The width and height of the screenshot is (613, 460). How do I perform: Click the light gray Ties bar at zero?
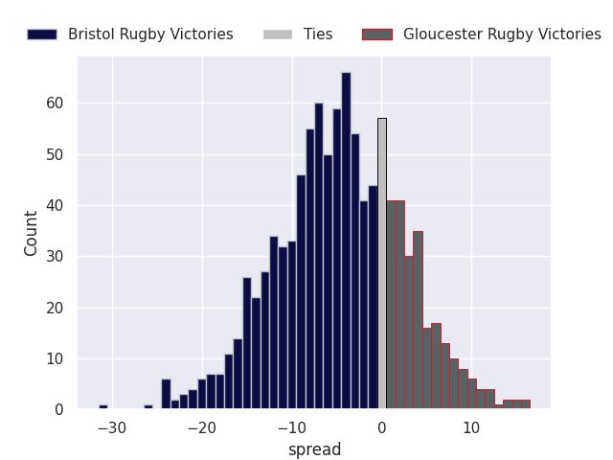(x=382, y=264)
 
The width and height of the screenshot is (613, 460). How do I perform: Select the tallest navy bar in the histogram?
(x=346, y=241)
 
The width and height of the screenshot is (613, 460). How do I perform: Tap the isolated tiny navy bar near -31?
(x=103, y=406)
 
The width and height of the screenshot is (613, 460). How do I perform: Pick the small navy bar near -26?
(x=148, y=406)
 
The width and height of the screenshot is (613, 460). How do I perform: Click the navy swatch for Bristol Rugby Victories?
(x=42, y=34)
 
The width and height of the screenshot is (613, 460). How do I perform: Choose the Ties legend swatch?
(x=278, y=34)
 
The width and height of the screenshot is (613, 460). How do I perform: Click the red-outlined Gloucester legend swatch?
(x=377, y=34)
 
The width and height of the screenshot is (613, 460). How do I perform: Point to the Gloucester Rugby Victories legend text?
(x=502, y=34)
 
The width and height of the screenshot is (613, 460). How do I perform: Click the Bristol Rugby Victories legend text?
(x=150, y=34)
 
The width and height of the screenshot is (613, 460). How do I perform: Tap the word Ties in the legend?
(x=318, y=34)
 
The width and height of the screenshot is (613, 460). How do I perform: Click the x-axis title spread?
(x=315, y=449)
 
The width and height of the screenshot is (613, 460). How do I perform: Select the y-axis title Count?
(x=31, y=234)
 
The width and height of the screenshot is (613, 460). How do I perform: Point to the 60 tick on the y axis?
(x=55, y=103)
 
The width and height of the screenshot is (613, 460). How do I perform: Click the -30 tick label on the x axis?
(x=112, y=428)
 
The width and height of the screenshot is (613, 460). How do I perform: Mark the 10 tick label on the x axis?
(x=471, y=428)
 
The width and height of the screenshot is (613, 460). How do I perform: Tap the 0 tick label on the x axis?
(x=382, y=428)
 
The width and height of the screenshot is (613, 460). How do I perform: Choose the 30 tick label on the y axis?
(x=55, y=257)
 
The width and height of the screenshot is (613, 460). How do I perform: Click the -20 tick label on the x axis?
(x=202, y=428)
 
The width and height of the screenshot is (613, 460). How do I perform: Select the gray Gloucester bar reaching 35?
(x=418, y=320)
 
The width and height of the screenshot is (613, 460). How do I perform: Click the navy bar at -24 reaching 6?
(x=166, y=394)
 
